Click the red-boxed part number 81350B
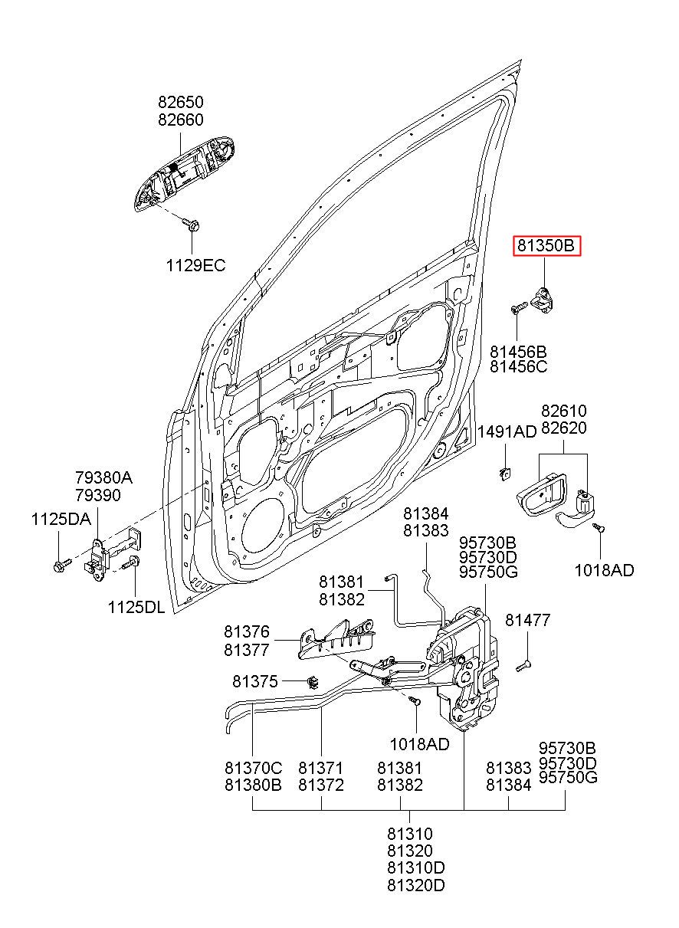click(546, 246)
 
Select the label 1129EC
click(195, 265)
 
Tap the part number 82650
click(181, 102)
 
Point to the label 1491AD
click(507, 432)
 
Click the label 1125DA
click(61, 520)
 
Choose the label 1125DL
click(136, 608)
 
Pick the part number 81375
click(254, 681)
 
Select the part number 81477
click(527, 620)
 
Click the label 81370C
click(253, 768)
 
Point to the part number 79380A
click(103, 478)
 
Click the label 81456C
click(518, 366)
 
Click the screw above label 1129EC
click(191, 224)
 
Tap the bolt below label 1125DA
click(62, 565)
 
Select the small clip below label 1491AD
click(504, 473)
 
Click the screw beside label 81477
click(524, 665)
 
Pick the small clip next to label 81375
click(313, 681)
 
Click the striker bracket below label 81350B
click(543, 299)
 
